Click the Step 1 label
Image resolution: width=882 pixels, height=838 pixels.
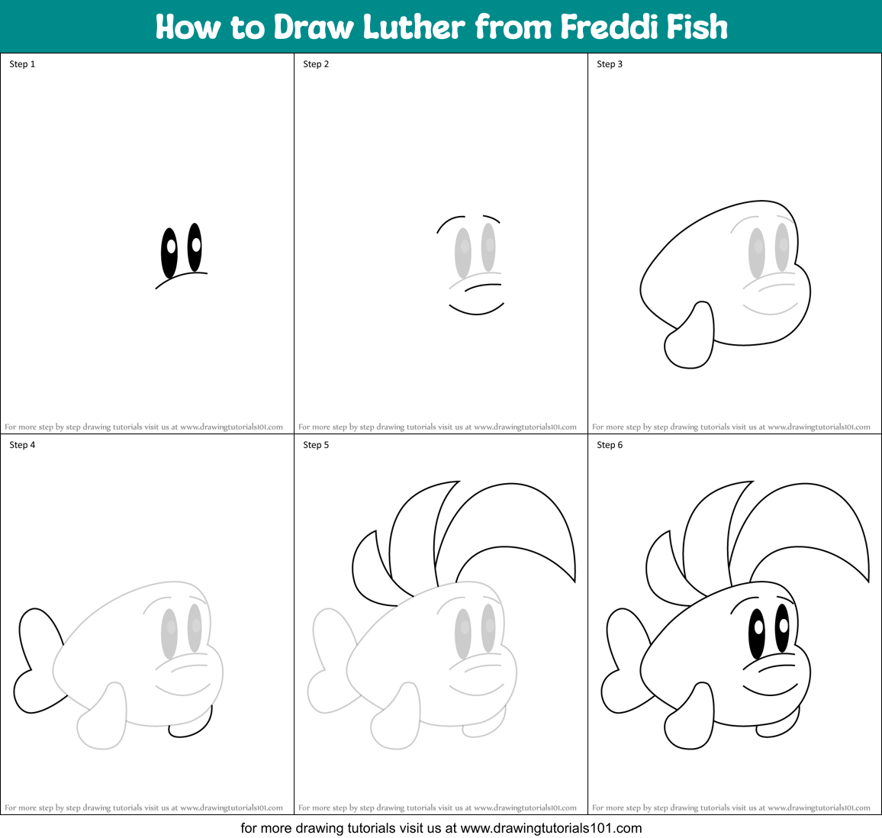22,64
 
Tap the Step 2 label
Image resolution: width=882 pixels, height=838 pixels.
316,64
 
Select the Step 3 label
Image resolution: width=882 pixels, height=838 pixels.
610,64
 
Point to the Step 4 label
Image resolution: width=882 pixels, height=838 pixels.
22,445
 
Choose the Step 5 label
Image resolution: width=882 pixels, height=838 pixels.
316,445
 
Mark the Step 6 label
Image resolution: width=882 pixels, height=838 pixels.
610,445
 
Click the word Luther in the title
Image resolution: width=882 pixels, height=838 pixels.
413,27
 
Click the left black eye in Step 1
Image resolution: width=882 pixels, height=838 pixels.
169,252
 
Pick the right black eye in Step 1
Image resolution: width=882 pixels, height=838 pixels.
195,247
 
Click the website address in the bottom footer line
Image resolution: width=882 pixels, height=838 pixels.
551,828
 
